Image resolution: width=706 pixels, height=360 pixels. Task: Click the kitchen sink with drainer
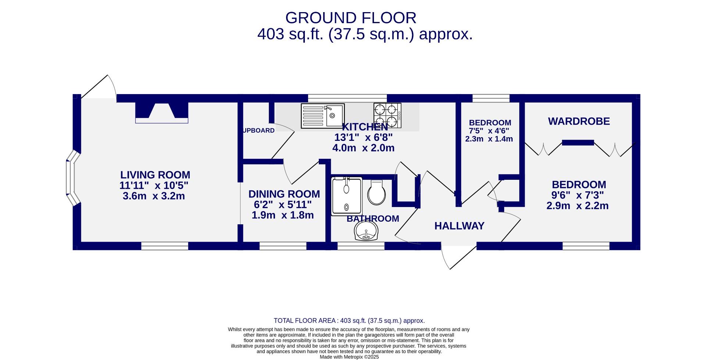tap(322, 116)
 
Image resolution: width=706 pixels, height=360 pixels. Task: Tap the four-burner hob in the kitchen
tap(387, 115)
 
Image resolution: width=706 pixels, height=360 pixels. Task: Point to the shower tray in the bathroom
tap(346, 196)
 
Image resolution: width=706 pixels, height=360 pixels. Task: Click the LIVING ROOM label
tap(155, 175)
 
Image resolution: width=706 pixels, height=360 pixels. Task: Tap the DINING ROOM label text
tap(284, 194)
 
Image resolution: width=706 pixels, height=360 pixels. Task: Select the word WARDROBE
tap(579, 121)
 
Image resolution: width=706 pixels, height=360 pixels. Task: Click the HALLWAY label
tap(459, 226)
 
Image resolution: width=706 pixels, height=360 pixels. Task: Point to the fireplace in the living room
tap(162, 112)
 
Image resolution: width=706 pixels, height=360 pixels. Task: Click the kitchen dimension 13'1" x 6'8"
tap(363, 138)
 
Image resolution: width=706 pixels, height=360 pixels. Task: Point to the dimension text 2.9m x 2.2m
tap(577, 206)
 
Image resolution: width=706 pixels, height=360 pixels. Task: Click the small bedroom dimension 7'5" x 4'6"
tap(489, 131)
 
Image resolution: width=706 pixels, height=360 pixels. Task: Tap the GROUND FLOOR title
tap(350, 18)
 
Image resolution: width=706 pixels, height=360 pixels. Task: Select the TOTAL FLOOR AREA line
tap(349, 321)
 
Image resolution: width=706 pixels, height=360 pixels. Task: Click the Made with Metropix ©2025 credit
tap(349, 357)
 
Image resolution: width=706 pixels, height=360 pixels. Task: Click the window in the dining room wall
tap(283, 246)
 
